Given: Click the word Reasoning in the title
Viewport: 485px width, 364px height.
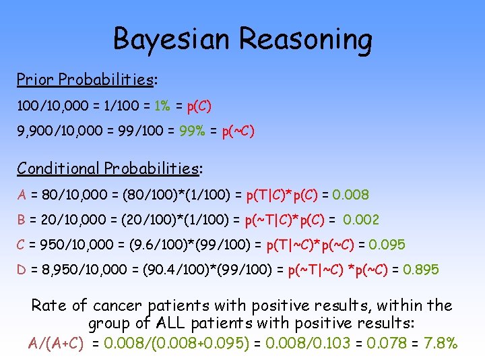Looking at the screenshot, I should click(306, 39).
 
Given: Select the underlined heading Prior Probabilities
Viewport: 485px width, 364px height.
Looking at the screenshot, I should click(86, 80).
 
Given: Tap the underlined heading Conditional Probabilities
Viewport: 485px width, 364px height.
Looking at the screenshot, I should click(108, 168).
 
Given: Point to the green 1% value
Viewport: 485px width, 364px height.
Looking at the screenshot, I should click(162, 106).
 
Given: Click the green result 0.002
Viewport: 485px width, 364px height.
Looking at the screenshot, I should click(361, 220).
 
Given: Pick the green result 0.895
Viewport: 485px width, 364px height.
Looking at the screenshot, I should click(420, 270).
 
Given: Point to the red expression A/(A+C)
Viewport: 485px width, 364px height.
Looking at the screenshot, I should click(56, 343).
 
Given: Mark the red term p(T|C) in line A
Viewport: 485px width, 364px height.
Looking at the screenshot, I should click(266, 195).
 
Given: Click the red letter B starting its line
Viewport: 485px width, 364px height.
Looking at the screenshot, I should click(22, 220).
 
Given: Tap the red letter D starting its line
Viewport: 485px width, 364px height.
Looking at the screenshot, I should click(22, 270).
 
